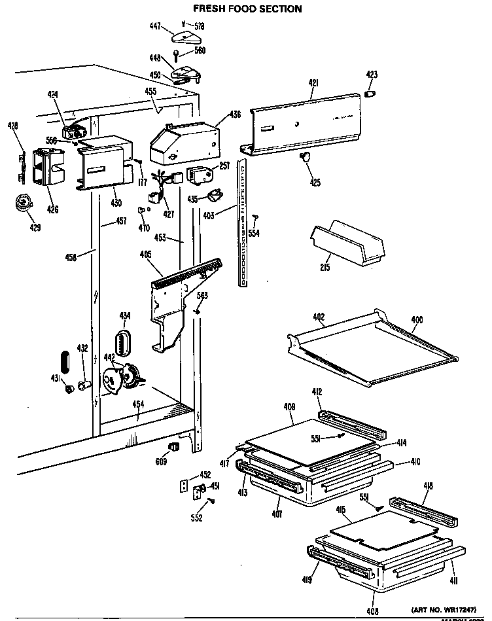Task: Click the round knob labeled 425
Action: pyautogui.click(x=305, y=156)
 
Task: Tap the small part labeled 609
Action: pyautogui.click(x=174, y=446)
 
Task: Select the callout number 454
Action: pyautogui.click(x=138, y=405)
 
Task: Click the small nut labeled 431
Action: pyautogui.click(x=67, y=389)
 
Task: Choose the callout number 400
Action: pyautogui.click(x=416, y=319)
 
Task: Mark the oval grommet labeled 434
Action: pyautogui.click(x=123, y=340)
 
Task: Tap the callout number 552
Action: pyautogui.click(x=196, y=518)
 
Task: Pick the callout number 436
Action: pyautogui.click(x=234, y=115)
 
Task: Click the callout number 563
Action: pyautogui.click(x=203, y=296)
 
